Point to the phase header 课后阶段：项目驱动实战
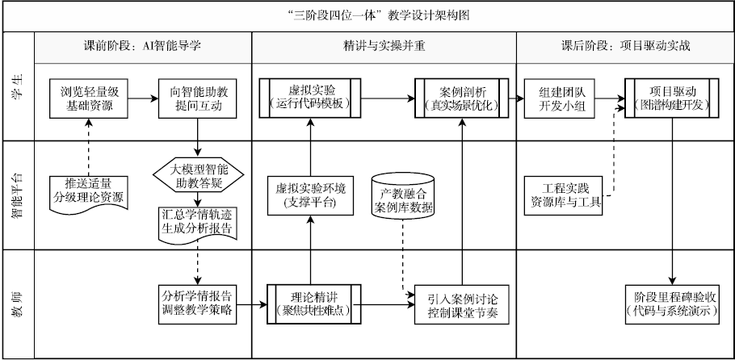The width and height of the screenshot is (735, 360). (x=624, y=46)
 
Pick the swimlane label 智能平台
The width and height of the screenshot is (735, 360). (x=17, y=195)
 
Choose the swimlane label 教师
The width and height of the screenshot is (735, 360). (x=17, y=303)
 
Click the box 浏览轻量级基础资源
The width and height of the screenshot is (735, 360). (x=87, y=98)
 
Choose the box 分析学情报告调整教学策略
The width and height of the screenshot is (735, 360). (x=199, y=303)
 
